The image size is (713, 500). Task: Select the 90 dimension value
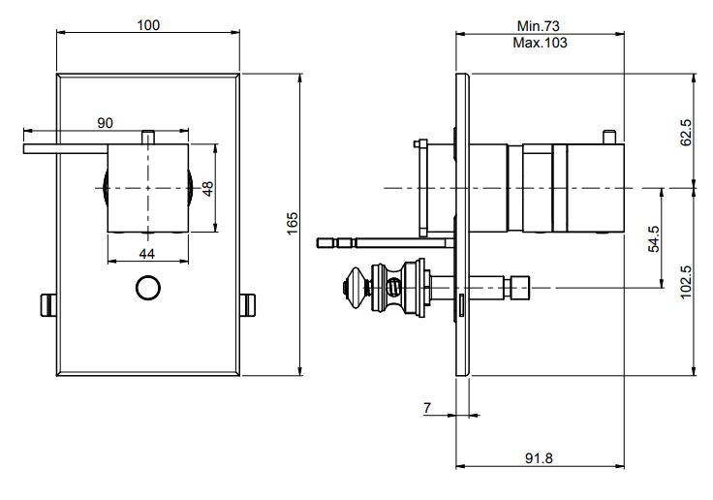click(106, 123)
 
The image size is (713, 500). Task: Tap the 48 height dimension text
click(207, 186)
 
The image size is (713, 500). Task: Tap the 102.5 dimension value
click(686, 281)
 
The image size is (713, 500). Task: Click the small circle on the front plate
click(147, 288)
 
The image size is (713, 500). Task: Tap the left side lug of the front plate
click(47, 304)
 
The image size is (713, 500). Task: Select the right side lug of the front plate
click(248, 304)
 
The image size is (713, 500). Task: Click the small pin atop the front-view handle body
click(147, 137)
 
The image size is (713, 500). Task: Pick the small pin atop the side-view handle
click(607, 136)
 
